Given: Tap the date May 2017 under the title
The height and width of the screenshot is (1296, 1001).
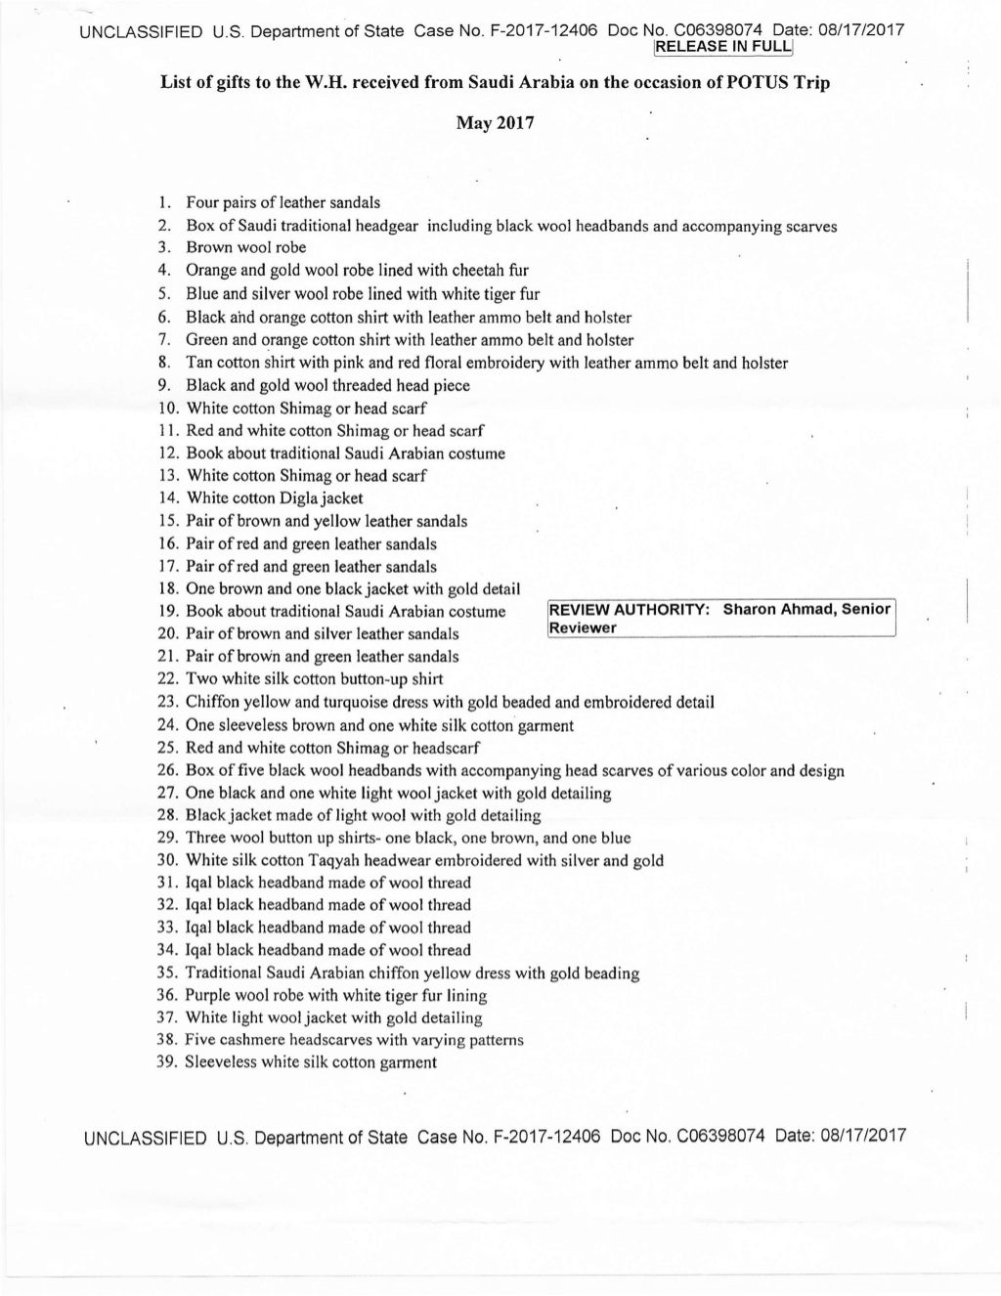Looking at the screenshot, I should [x=495, y=126].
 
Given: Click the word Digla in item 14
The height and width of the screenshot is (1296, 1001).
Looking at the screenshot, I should [x=300, y=498].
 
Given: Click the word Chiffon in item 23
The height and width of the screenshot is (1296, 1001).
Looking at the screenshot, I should [x=211, y=702].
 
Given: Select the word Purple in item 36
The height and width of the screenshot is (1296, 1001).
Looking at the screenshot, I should [x=208, y=996].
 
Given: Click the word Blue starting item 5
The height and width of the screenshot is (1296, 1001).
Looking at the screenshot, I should [x=201, y=294].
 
